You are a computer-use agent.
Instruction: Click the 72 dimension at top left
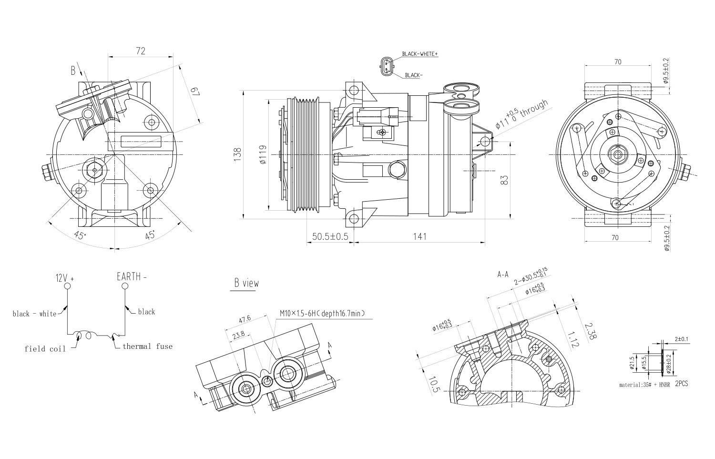click(x=141, y=51)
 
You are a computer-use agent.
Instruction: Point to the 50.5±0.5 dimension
click(x=330, y=237)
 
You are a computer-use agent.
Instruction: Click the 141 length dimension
click(x=419, y=237)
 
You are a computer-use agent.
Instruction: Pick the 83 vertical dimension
click(x=505, y=180)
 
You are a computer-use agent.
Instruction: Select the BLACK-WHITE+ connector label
click(x=419, y=54)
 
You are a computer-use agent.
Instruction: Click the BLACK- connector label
click(x=414, y=75)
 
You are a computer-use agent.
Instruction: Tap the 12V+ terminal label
click(x=65, y=277)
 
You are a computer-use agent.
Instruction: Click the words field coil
click(x=45, y=349)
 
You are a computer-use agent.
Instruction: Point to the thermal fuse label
click(x=147, y=347)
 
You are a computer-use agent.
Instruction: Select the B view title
click(x=246, y=283)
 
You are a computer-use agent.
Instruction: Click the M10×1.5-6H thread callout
click(x=322, y=314)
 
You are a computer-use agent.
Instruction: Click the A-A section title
click(x=503, y=275)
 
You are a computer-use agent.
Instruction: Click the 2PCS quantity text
click(x=682, y=383)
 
